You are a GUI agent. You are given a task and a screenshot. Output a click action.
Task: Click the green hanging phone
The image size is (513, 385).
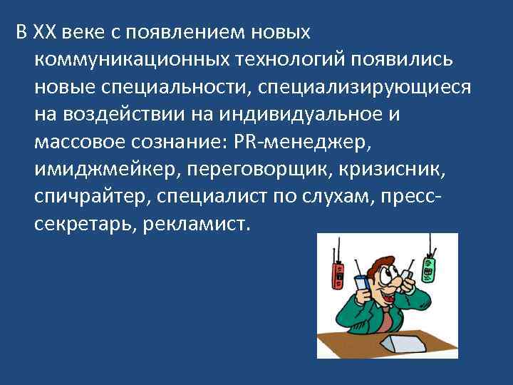[x=428, y=269]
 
